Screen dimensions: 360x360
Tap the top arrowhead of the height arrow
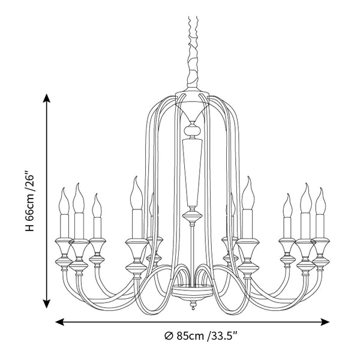coord(47,98)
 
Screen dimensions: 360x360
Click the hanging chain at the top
coord(193,48)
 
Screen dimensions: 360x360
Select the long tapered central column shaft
coord(193,174)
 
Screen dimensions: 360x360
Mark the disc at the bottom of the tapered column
coord(193,214)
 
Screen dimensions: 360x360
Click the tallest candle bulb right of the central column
coord(248,195)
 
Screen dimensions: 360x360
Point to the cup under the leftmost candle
coord(63,246)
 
